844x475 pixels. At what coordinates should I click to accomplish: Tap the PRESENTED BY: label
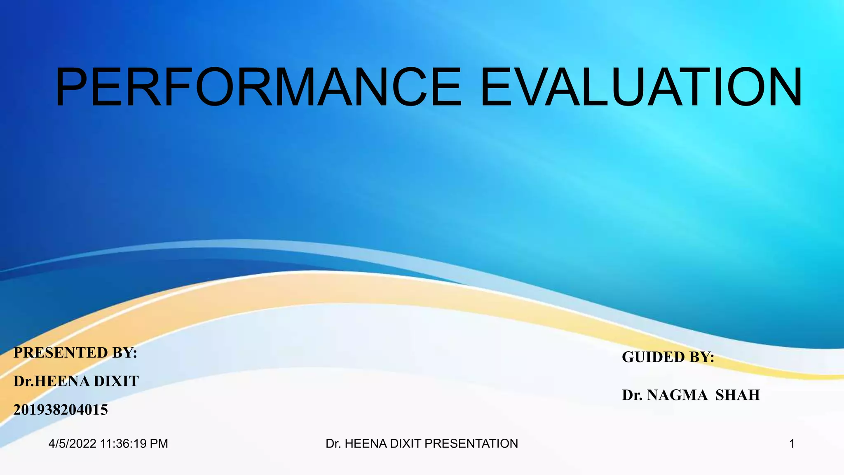coord(75,353)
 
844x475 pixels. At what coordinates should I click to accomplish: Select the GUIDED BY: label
coord(668,357)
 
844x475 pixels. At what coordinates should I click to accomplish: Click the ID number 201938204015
coord(61,410)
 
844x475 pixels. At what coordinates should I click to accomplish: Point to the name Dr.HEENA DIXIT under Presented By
coord(76,381)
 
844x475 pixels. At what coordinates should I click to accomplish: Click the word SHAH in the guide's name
coord(738,395)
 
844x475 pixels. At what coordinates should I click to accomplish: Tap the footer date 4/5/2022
coord(72,444)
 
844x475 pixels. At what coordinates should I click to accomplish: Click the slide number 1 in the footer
coord(792,444)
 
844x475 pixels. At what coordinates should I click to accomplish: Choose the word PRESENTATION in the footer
coord(471,444)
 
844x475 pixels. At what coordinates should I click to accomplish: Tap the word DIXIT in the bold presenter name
coord(116,381)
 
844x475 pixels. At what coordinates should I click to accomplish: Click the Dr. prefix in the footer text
coord(333,444)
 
